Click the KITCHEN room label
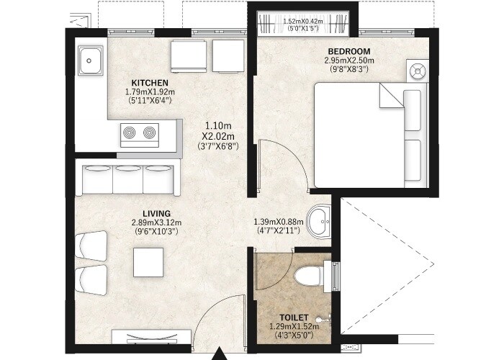pyautogui.click(x=150, y=83)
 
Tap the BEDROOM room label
pyautogui.click(x=348, y=51)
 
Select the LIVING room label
pyautogui.click(x=156, y=213)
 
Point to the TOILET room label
pyautogui.click(x=295, y=317)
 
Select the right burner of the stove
pyautogui.click(x=149, y=132)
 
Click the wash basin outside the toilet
pyautogui.click(x=318, y=220)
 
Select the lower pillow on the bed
pyautogui.click(x=413, y=159)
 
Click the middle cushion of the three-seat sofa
pyautogui.click(x=129, y=179)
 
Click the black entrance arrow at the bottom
pyautogui.click(x=220, y=354)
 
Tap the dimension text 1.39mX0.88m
pyautogui.click(x=281, y=222)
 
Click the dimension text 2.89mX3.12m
pyautogui.click(x=156, y=222)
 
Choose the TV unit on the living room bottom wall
pyautogui.click(x=151, y=337)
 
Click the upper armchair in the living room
pyautogui.click(x=94, y=244)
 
